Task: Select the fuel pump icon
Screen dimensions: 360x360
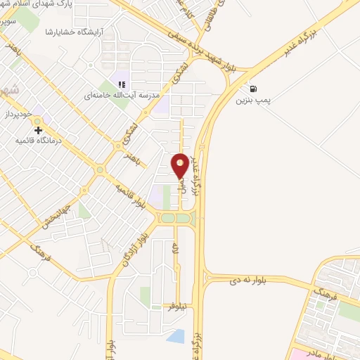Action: (x=253, y=89)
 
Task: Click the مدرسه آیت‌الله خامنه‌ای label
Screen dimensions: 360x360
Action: (x=132, y=94)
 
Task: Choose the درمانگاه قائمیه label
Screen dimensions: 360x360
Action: (x=45, y=141)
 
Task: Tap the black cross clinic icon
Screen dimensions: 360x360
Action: (x=38, y=129)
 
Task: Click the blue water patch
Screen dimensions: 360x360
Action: (x=176, y=336)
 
